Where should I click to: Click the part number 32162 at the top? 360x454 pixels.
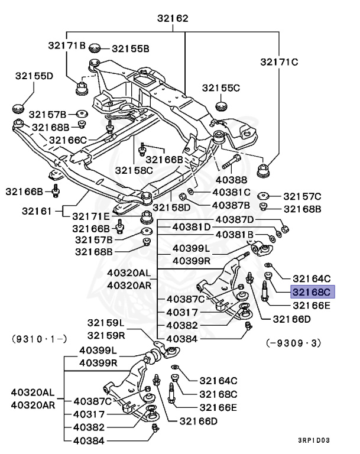[173, 18]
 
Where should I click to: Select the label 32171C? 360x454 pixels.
[279, 61]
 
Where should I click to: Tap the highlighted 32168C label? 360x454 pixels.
[312, 291]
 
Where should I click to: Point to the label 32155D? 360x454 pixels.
[34, 76]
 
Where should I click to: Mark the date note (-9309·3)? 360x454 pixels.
[293, 341]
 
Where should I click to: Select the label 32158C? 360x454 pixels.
[134, 170]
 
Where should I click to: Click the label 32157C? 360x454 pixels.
[302, 196]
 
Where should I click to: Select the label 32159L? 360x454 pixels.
[106, 323]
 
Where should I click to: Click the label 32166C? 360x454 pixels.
[68, 140]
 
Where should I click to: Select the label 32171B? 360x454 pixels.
[67, 46]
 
